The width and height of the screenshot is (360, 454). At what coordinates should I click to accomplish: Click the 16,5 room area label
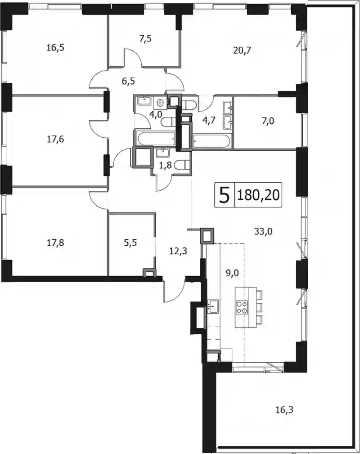55,48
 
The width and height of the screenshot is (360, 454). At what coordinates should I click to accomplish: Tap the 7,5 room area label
146,39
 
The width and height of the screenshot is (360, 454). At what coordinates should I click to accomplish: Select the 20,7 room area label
242,51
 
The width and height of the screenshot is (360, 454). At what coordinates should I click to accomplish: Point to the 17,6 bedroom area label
55,139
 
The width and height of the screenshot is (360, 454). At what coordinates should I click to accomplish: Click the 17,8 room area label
55,243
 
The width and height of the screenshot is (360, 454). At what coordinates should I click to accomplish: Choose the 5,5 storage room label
130,243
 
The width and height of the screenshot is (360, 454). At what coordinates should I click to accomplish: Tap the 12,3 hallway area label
178,251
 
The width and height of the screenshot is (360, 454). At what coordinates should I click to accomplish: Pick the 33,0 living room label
263,231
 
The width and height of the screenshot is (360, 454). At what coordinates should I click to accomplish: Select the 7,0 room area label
268,121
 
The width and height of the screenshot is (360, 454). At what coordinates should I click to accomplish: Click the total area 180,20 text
258,195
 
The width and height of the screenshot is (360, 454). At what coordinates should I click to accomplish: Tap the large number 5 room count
225,195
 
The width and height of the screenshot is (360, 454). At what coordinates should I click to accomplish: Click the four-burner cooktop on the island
242,307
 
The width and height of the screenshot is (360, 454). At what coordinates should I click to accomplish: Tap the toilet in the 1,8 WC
183,165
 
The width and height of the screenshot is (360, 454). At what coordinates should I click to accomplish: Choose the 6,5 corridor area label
128,81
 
